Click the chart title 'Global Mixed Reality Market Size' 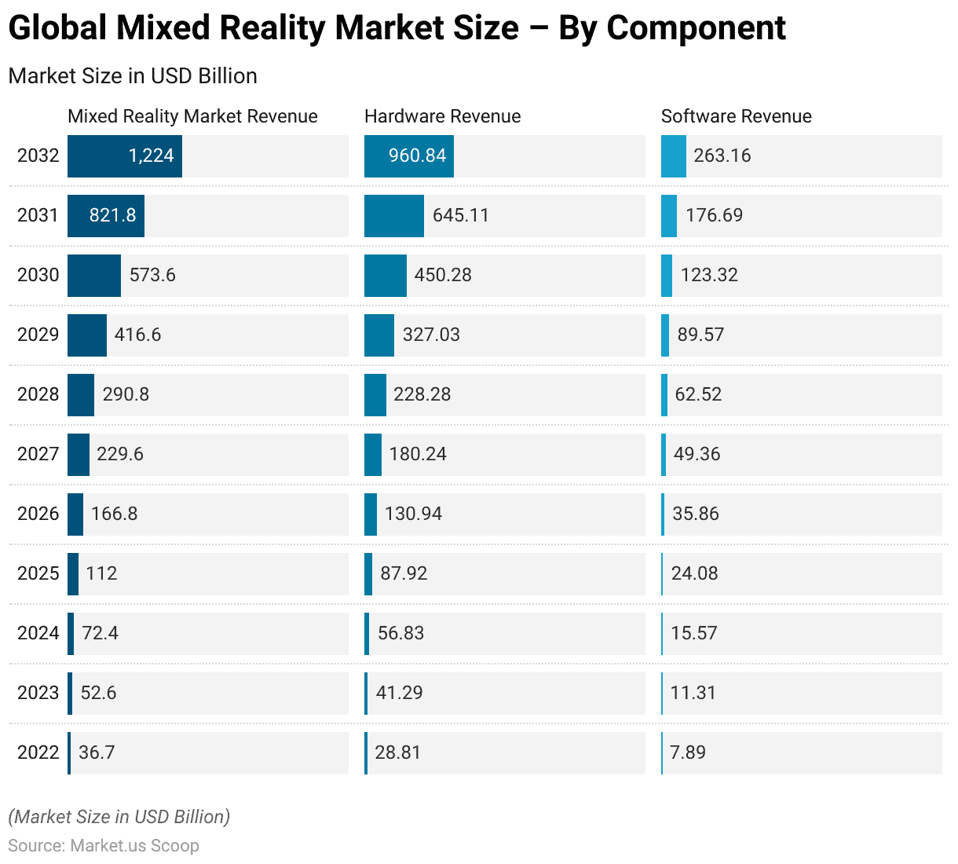pyautogui.click(x=397, y=28)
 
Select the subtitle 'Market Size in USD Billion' pyautogui.click(x=133, y=76)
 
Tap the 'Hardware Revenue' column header pyautogui.click(x=442, y=116)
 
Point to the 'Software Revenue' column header pyautogui.click(x=736, y=116)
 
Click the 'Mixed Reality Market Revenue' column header pyautogui.click(x=192, y=116)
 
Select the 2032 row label pyautogui.click(x=38, y=156)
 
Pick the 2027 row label pyautogui.click(x=38, y=454)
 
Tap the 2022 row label pyautogui.click(x=38, y=752)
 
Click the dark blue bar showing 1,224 pyautogui.click(x=124, y=156)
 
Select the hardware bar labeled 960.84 pyautogui.click(x=408, y=156)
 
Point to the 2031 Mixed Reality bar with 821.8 pyautogui.click(x=105, y=215)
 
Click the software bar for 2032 pyautogui.click(x=673, y=156)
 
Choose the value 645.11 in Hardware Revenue pyautogui.click(x=460, y=215)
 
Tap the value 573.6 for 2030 pyautogui.click(x=152, y=275)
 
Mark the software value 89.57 pyautogui.click(x=700, y=335)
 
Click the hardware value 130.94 pyautogui.click(x=413, y=514)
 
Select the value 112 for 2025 pyautogui.click(x=101, y=573)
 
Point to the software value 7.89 pyautogui.click(x=688, y=752)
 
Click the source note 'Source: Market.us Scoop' pyautogui.click(x=103, y=846)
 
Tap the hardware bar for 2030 pyautogui.click(x=385, y=275)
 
